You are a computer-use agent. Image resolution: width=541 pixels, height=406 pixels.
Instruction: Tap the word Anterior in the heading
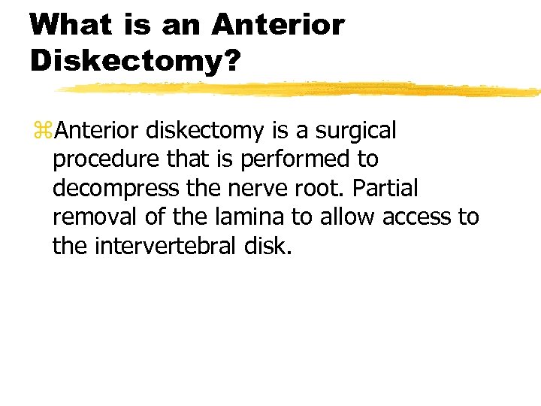pos(278,25)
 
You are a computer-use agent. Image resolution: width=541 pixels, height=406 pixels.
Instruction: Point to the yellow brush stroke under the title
pos(301,89)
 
